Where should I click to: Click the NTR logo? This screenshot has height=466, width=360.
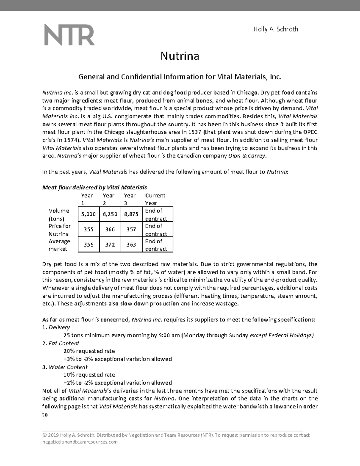[70, 35]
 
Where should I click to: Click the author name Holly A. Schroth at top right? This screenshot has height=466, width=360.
[276, 29]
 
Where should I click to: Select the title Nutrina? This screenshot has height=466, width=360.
[180, 56]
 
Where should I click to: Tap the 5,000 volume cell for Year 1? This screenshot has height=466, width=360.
[88, 214]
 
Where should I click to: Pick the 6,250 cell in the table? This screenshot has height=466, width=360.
[110, 214]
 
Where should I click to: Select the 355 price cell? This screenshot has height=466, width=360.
[88, 230]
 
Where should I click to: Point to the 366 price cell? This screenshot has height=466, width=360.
[110, 230]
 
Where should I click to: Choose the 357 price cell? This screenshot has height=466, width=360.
[131, 230]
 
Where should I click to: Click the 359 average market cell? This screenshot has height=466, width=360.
[88, 245]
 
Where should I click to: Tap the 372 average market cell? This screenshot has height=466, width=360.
[110, 245]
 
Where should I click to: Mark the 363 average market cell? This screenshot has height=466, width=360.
[131, 245]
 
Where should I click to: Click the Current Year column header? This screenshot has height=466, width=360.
[155, 199]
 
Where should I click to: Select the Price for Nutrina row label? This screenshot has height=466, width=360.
[59, 230]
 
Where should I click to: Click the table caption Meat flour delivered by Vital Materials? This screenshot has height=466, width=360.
[94, 188]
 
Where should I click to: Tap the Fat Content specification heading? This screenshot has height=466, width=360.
[64, 343]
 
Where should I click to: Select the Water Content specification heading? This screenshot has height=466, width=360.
[68, 367]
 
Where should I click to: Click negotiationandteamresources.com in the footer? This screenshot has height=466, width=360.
[80, 442]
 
